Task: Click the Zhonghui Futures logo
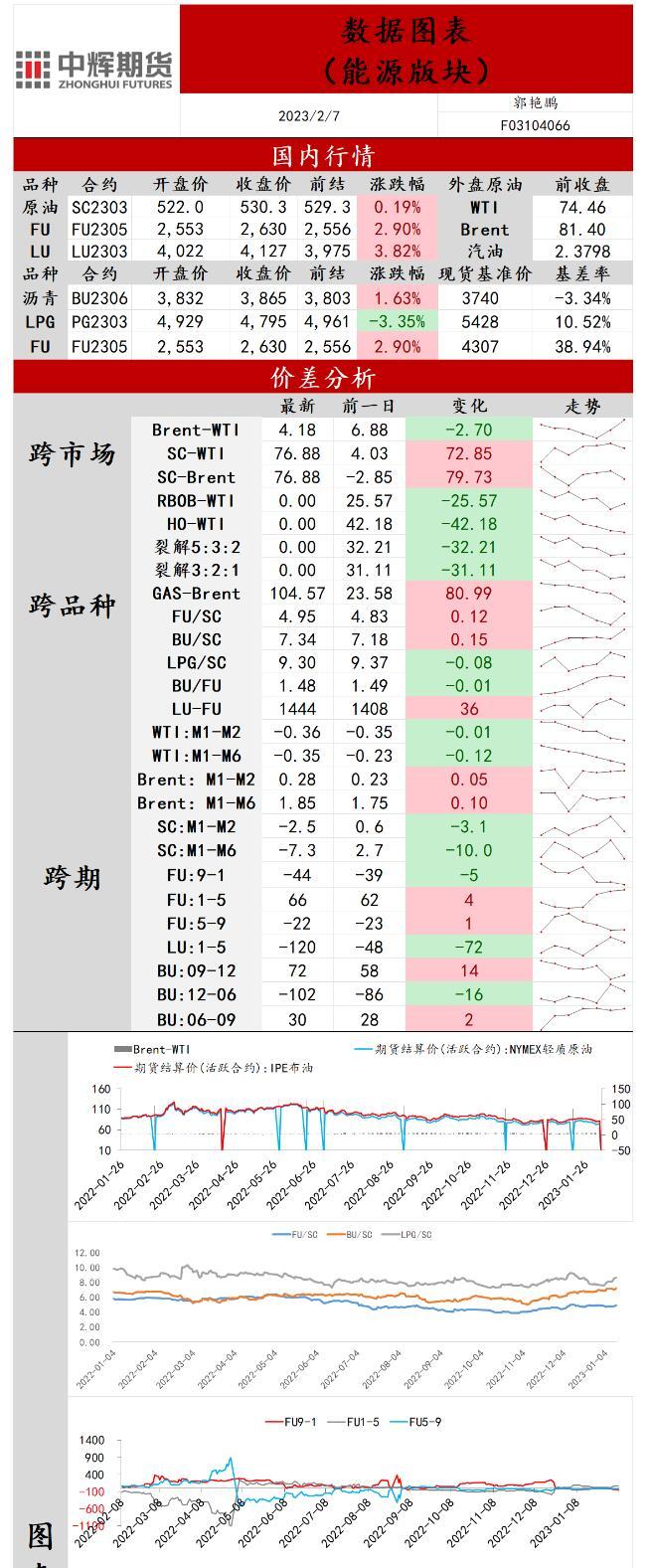[x=94, y=68]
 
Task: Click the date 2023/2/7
[x=309, y=116]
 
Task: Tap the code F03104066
[x=535, y=125]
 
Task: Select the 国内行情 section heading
[x=323, y=156]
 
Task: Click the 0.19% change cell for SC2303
[x=397, y=207]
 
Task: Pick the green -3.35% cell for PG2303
[x=397, y=322]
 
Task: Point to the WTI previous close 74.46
[x=582, y=207]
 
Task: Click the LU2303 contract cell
[x=99, y=253]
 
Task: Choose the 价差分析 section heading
[x=323, y=378]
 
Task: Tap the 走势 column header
[x=582, y=406]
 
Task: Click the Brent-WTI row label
[x=196, y=430]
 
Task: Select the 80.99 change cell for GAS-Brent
[x=469, y=594]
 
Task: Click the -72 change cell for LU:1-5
[x=469, y=947]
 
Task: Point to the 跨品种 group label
[x=72, y=606]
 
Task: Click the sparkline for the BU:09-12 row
[x=582, y=970]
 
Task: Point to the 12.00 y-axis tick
[x=87, y=1253]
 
